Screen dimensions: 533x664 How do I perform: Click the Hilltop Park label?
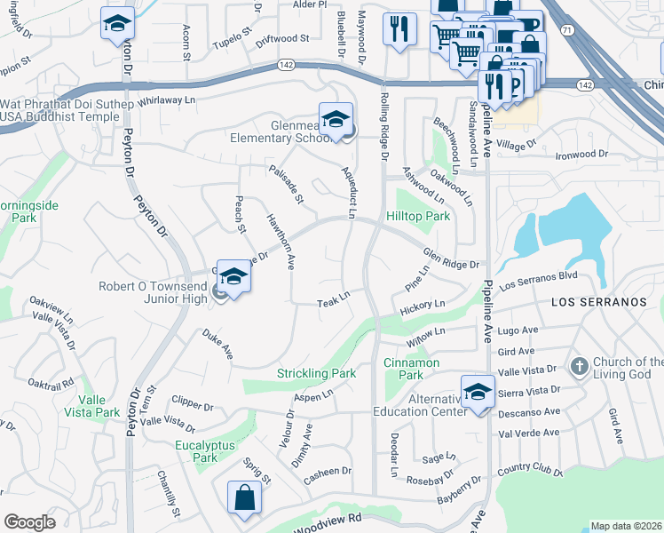418,216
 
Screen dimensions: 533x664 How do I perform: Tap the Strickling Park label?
316,373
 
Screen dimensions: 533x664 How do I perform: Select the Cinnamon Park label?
411,369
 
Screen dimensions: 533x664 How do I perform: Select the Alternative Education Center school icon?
478,391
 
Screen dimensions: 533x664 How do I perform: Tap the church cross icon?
579,366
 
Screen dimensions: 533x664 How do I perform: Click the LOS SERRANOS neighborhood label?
599,302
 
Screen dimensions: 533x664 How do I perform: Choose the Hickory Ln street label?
423,305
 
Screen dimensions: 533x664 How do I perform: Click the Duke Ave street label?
217,344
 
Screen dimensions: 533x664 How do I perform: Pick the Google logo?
29,522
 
